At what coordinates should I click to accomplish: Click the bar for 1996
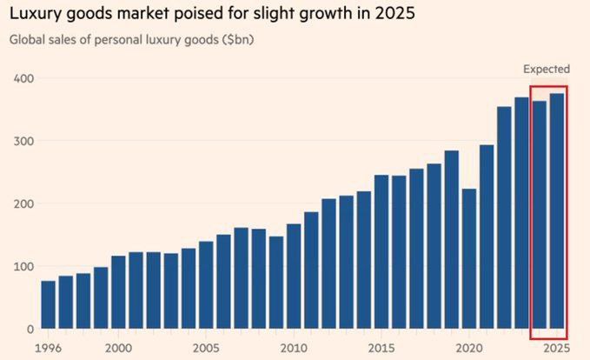[x=49, y=305]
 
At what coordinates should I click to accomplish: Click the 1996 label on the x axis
[x=49, y=348]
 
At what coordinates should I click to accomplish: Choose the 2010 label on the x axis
[x=294, y=348]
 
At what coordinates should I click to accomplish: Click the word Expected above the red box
[x=547, y=69]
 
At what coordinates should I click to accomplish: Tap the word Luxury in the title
[x=36, y=15]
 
